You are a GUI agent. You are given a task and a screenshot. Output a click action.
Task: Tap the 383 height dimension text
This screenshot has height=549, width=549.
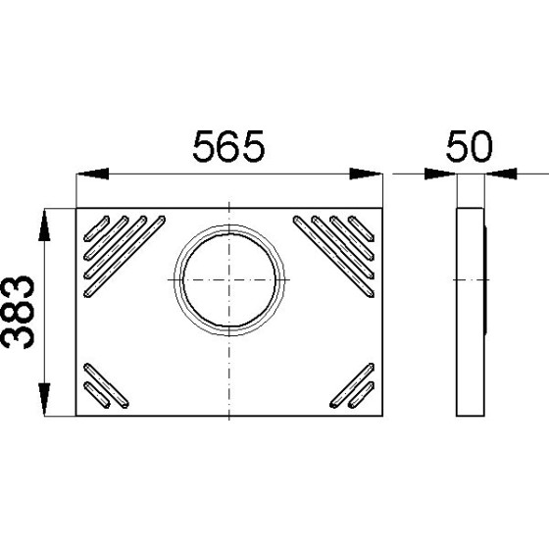[20, 312]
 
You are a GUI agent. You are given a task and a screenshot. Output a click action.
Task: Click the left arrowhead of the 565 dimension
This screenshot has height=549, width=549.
[90, 175]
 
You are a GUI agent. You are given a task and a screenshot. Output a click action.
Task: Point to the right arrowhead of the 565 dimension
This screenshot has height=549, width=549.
[369, 175]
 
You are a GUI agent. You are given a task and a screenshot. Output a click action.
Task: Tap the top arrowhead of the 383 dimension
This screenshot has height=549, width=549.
[45, 224]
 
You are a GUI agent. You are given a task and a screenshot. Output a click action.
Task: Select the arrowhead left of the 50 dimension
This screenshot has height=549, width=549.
[441, 175]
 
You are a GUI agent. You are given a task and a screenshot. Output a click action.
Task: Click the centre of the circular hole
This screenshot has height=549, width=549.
[229, 278]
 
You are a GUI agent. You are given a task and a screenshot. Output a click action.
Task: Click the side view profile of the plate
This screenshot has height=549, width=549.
[470, 312]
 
